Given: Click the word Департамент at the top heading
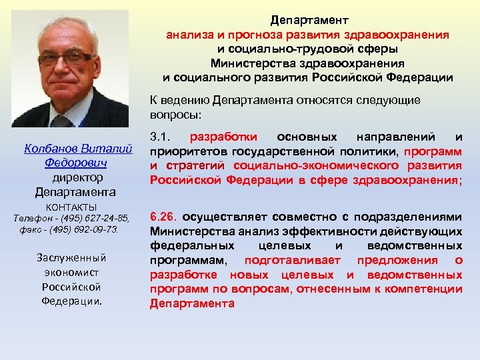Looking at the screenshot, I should pos(308,21).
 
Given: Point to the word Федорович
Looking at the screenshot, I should pos(76,163).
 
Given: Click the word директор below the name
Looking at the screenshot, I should pos(76,178).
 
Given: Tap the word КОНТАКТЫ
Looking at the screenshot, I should pos(71,207).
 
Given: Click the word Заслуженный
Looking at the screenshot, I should pos(71,257).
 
